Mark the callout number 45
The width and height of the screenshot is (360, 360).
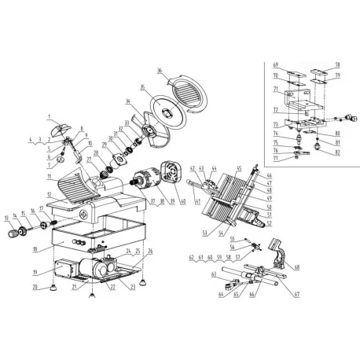click(x=239, y=167)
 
